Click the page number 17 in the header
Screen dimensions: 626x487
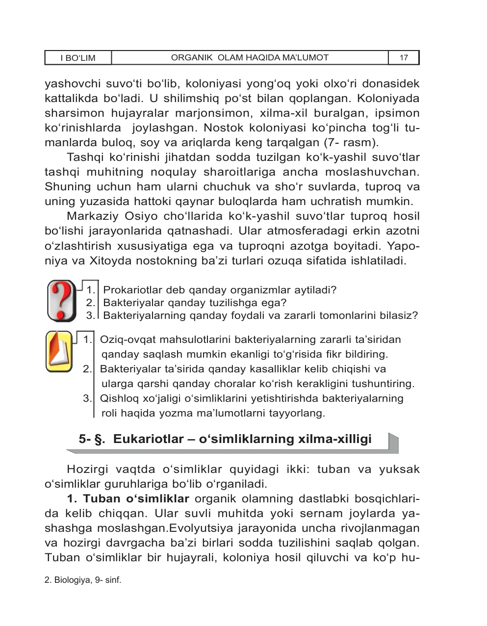[404, 58]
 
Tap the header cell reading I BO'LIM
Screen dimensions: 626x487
[78, 58]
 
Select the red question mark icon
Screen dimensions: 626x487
[61, 300]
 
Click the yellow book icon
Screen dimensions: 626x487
[59, 351]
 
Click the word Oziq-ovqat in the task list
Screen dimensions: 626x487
[123, 339]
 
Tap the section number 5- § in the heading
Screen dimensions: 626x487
[93, 439]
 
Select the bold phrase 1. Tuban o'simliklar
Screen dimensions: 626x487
[128, 499]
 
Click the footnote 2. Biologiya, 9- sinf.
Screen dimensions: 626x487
[82, 580]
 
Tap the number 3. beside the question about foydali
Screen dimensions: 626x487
[90, 315]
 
